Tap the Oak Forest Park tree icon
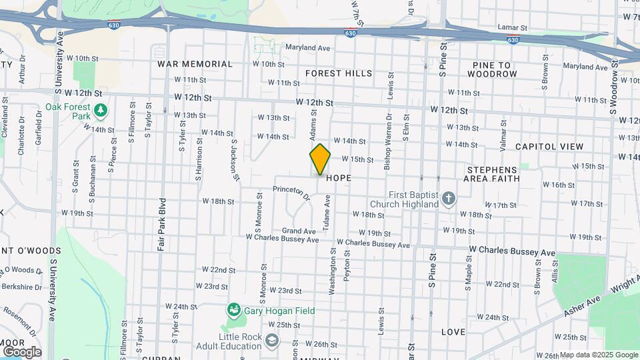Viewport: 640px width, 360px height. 100,109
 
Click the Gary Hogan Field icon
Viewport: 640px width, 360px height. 233,309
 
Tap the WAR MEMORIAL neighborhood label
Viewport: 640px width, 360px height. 195,64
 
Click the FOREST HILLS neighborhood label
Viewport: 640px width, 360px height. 339,73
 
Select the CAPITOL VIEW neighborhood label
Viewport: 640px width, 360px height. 549,147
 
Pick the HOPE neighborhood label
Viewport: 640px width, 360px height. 339,179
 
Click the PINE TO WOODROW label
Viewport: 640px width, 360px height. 494,69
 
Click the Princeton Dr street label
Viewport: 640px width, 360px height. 292,193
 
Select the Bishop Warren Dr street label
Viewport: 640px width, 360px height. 387,141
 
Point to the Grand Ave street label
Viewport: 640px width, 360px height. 299,231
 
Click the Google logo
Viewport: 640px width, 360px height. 21,351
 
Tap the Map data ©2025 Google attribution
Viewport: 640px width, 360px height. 599,355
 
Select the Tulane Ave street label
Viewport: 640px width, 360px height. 327,213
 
